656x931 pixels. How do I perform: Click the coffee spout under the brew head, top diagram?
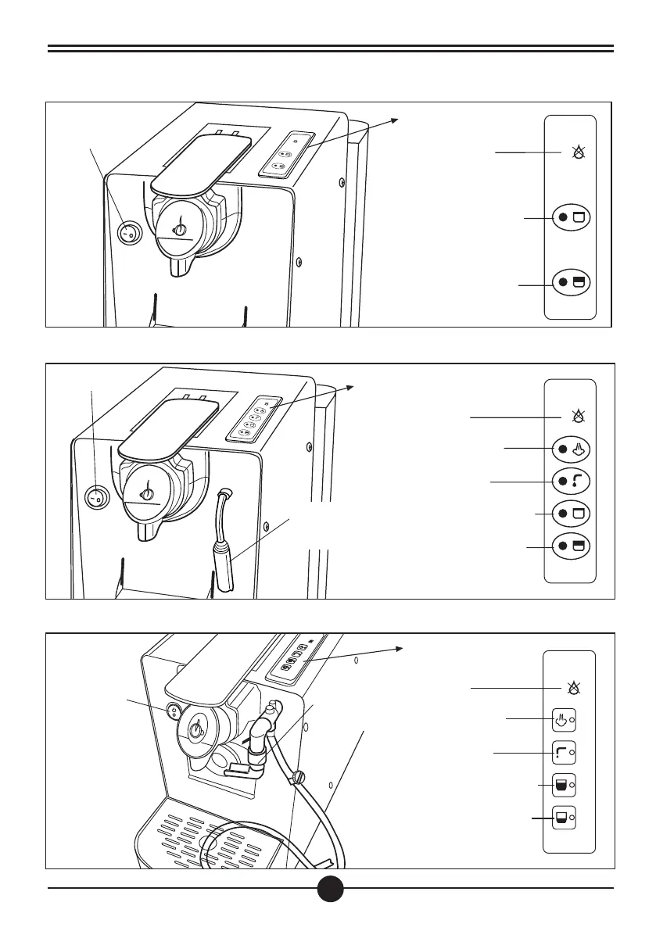(x=180, y=266)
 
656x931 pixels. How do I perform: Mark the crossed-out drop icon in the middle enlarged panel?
(x=579, y=417)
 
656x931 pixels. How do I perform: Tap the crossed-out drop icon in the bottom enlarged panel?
(x=575, y=688)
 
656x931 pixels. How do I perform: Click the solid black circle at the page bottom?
(x=331, y=887)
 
